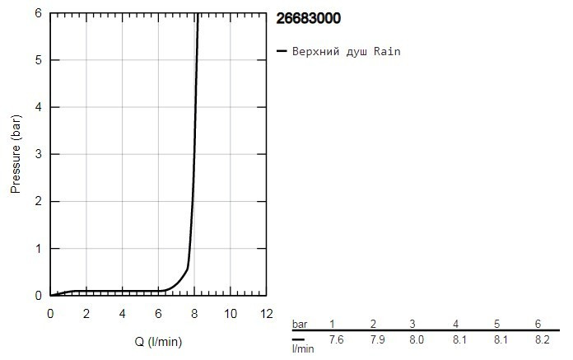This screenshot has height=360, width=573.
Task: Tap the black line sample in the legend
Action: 282,52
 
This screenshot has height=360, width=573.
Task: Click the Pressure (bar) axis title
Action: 16,155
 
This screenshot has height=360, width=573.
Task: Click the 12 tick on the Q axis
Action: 265,314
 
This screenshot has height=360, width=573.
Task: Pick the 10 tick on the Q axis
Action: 231,314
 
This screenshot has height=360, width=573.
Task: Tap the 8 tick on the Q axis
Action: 194,314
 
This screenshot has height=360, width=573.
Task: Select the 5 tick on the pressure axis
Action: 40,60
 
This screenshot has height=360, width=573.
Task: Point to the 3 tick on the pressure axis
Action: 40,154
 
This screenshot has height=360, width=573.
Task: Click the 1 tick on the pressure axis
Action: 40,248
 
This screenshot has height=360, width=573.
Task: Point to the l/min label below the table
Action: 303,349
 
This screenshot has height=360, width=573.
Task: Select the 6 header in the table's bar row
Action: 538,323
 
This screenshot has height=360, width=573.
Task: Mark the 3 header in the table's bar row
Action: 415,323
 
